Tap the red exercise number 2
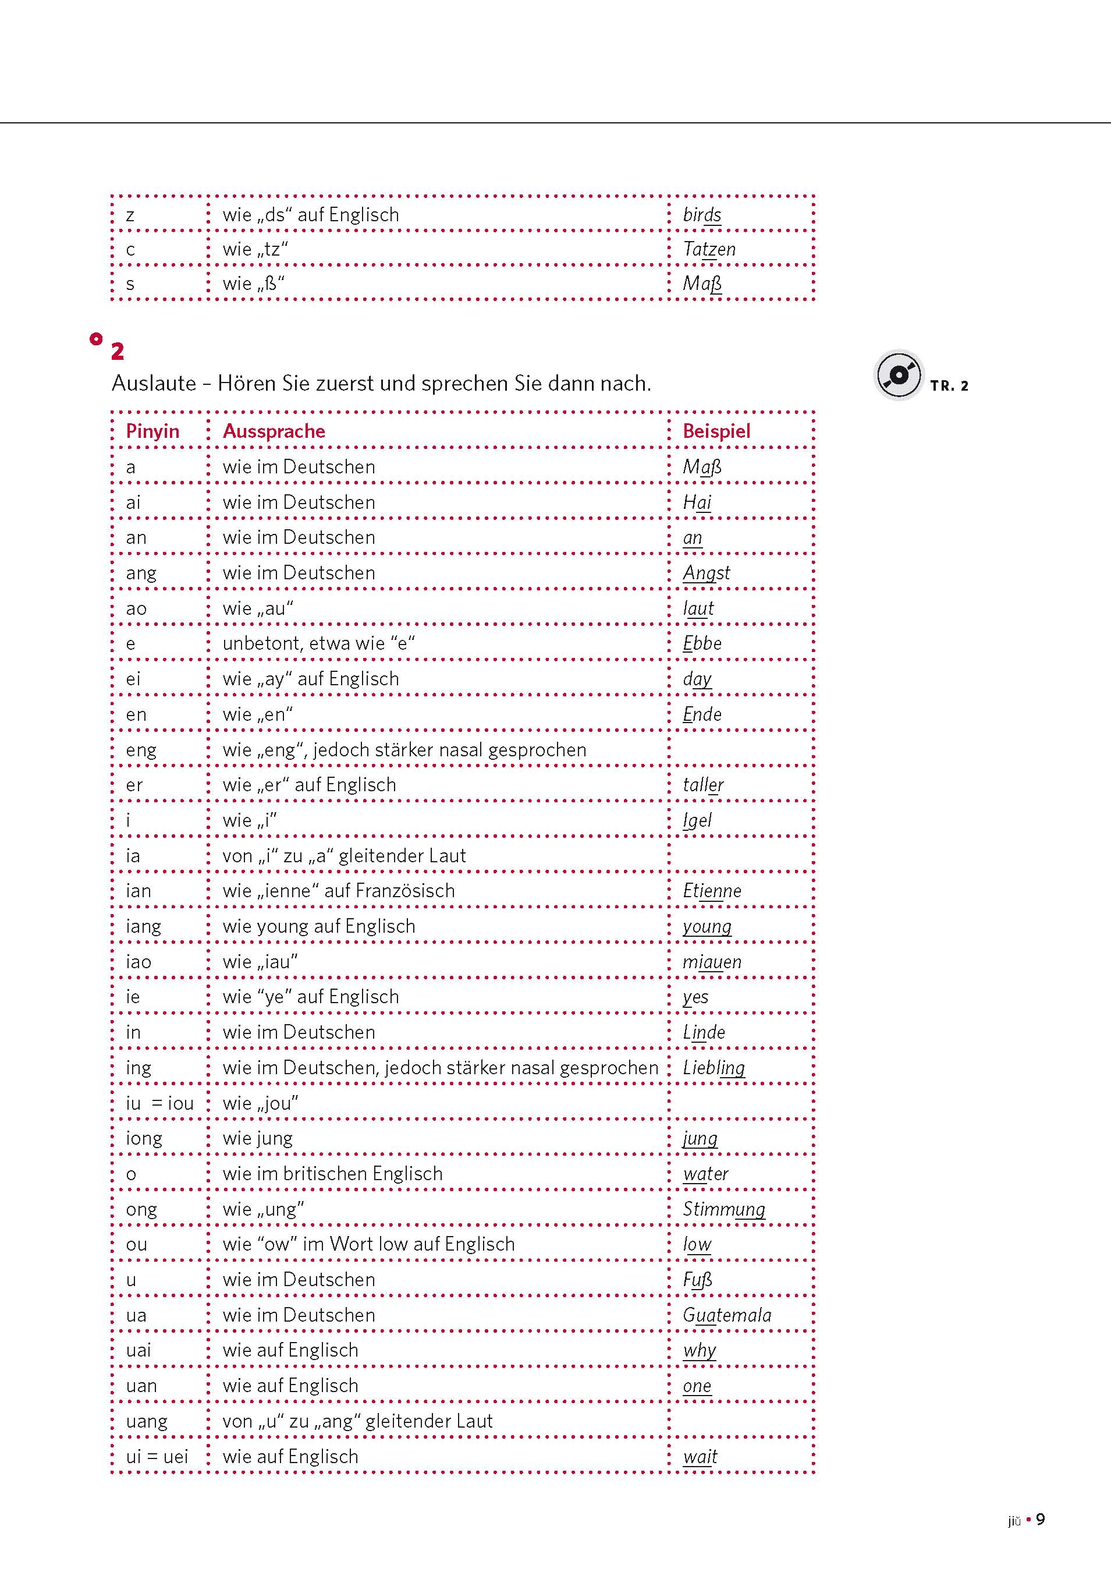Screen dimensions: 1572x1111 118,351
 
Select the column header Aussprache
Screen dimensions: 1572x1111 274,431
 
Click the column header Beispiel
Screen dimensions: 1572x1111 716,431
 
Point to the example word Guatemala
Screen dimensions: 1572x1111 726,1315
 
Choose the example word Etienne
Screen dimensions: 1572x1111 712,891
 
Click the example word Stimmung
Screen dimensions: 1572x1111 723,1209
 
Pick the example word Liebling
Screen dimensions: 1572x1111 714,1067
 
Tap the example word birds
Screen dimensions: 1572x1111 702,215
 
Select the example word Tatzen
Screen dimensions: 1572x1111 709,249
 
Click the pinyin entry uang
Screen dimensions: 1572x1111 147,1421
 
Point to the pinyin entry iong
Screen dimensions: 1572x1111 144,1139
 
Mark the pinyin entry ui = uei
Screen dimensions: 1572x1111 157,1456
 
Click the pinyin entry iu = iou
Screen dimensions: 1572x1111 159,1103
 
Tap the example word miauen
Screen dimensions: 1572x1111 712,962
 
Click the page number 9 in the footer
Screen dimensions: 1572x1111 1040,1519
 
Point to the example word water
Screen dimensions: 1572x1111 705,1174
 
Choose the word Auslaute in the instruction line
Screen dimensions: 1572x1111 154,384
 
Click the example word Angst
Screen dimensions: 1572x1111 706,573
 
